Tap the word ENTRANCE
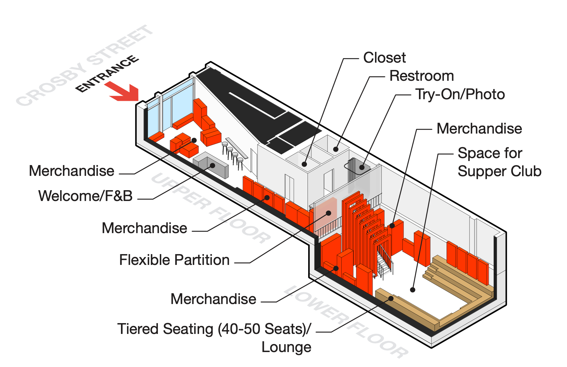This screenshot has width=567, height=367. click(x=107, y=73)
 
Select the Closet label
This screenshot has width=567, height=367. click(x=384, y=58)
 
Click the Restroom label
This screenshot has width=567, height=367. click(x=422, y=76)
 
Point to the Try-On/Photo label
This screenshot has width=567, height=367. click(x=460, y=94)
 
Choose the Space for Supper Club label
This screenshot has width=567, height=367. click(x=499, y=162)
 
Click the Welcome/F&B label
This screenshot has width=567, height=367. click(x=85, y=196)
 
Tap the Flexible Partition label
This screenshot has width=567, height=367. click(x=174, y=260)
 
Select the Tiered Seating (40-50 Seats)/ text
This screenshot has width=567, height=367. click(x=214, y=329)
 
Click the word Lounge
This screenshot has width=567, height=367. click(x=286, y=347)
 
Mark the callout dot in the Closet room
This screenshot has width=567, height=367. click(x=304, y=164)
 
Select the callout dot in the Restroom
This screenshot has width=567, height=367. click(x=336, y=149)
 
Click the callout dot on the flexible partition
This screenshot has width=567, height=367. click(x=329, y=213)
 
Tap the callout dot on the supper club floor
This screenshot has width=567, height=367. click(x=413, y=290)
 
